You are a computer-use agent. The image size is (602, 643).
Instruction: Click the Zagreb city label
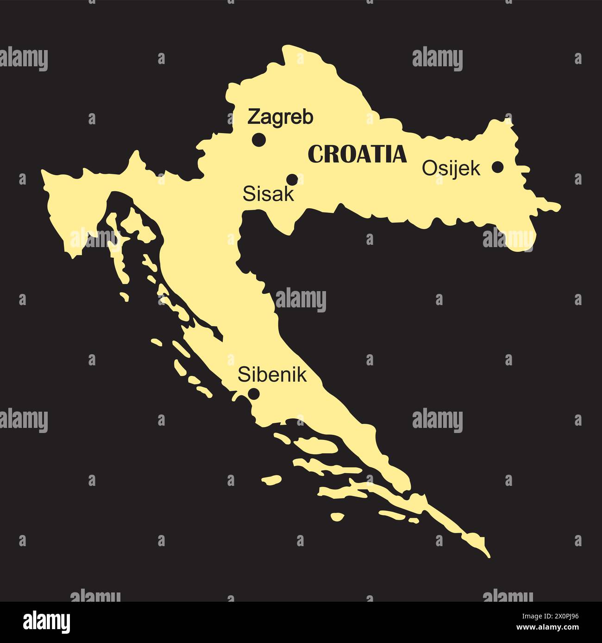coord(280,117)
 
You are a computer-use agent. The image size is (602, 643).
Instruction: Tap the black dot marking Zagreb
coord(258,139)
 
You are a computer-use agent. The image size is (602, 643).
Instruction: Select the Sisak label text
coord(268,194)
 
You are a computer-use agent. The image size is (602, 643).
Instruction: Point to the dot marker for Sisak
coord(292,179)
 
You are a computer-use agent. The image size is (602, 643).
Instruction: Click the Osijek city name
coord(451,169)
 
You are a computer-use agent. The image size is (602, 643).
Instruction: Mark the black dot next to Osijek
coord(497,167)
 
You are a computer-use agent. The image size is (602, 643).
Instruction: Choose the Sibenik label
coord(272,375)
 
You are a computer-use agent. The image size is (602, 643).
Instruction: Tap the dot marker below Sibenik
coord(254,394)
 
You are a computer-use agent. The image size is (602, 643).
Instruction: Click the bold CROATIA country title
coord(357,154)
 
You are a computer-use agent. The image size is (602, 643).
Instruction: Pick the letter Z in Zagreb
coord(253,117)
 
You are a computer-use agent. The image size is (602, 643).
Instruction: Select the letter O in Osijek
coord(428,168)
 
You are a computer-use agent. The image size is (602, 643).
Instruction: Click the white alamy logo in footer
coord(47,621)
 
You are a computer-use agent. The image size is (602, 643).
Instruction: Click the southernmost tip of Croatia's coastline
coord(488,555)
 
